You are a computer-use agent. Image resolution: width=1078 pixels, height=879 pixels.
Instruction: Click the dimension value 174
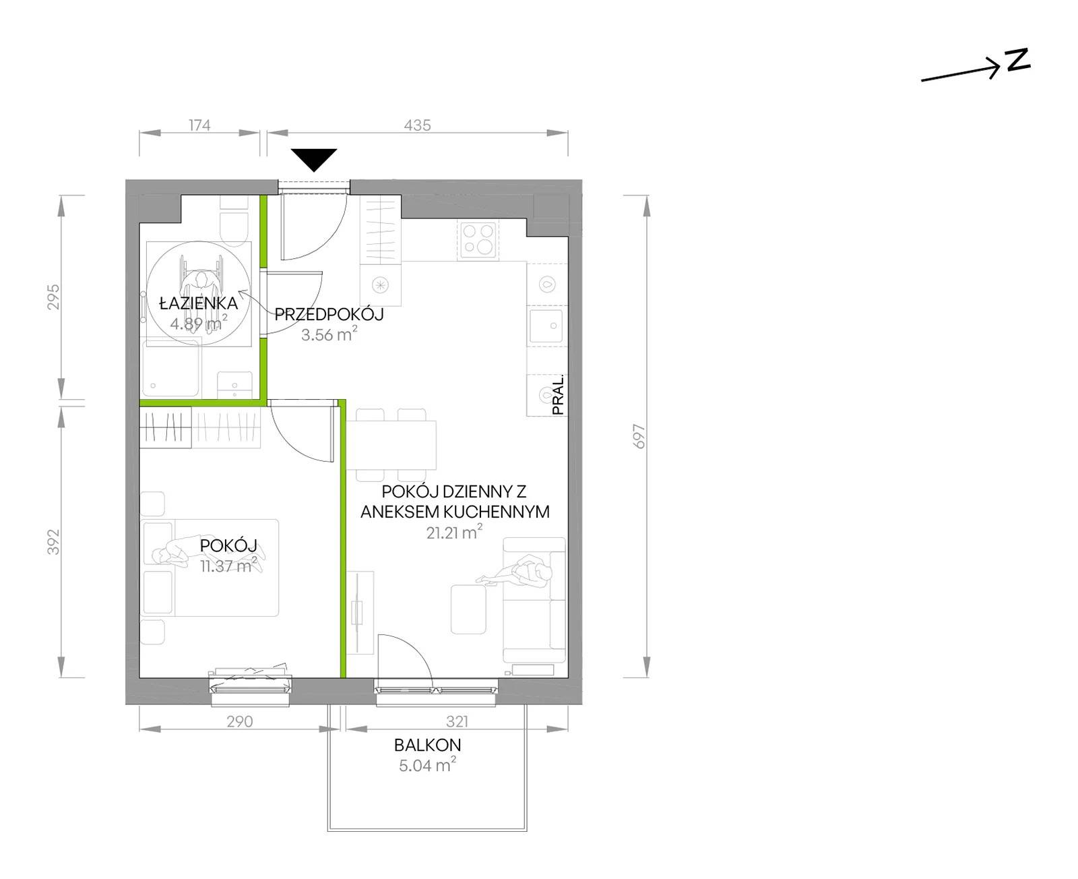coord(199,125)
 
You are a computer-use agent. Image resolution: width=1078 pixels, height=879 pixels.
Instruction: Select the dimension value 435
coord(418,125)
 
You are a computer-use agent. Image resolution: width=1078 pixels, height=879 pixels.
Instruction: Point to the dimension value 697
coord(639,436)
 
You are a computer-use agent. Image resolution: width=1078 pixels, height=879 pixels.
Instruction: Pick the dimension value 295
coord(53,297)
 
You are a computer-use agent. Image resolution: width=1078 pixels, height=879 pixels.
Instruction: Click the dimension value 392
coord(53,542)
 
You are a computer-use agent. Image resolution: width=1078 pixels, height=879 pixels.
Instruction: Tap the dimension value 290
coord(239,721)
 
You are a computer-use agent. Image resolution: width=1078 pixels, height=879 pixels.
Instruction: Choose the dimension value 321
coord(457,721)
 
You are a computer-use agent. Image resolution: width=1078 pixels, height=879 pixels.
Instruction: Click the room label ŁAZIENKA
coord(198,303)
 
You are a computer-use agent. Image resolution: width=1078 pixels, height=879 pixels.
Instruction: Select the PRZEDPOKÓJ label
coord(329,314)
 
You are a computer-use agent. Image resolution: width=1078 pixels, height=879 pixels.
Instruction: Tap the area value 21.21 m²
coord(454,532)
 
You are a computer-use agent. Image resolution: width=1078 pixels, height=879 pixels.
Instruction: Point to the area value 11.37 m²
coord(228,565)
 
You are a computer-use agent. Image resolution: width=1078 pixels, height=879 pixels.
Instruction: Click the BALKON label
coord(428,745)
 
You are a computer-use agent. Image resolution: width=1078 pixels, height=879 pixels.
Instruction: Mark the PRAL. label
coord(558,395)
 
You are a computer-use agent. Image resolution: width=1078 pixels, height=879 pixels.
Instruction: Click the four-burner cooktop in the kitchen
coord(478,239)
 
